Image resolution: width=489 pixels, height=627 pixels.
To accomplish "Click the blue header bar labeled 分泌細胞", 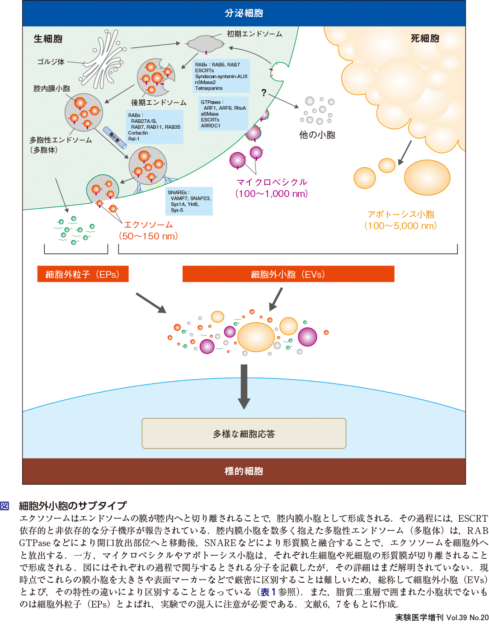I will (x=244, y=13).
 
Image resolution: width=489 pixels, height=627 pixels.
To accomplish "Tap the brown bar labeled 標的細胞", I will (x=244, y=471).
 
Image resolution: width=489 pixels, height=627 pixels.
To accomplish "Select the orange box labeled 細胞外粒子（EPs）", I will (x=83, y=274).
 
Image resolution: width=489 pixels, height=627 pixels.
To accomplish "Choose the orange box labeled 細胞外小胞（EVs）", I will (x=288, y=274).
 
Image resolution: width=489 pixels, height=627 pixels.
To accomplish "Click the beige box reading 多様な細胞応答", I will (x=244, y=434).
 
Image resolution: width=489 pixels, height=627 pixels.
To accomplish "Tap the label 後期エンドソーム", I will (x=159, y=103).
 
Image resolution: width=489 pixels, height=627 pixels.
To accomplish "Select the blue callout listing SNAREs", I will (x=189, y=201).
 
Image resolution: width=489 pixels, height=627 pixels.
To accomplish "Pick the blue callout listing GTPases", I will (x=223, y=113).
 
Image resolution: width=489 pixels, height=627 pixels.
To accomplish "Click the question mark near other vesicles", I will (x=264, y=93).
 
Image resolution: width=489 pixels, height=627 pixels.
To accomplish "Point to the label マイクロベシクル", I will (x=272, y=182).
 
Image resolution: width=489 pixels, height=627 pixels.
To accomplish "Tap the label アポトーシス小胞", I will (x=400, y=214).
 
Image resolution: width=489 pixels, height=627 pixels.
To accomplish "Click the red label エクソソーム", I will (x=148, y=225).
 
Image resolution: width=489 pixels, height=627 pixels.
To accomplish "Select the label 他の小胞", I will (x=317, y=135).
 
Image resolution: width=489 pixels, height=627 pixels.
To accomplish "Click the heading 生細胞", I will (x=48, y=39).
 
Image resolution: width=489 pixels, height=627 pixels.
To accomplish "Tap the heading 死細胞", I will (x=425, y=38).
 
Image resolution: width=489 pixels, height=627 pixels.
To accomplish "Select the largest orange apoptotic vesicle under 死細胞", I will (x=427, y=178).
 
